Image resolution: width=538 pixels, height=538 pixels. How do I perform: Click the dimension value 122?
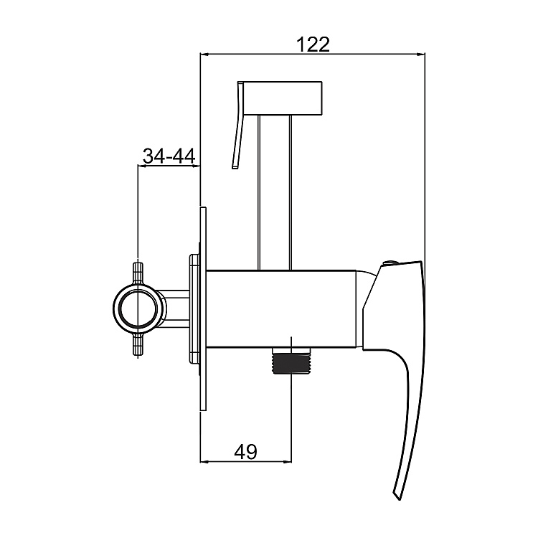tap(313, 44)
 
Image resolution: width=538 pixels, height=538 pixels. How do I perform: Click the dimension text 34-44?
tap(169, 156)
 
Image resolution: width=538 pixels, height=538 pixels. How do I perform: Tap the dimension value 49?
tap(245, 451)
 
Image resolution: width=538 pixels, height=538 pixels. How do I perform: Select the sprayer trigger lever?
tap(239, 125)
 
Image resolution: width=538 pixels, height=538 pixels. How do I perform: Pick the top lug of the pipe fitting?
tap(138, 273)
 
